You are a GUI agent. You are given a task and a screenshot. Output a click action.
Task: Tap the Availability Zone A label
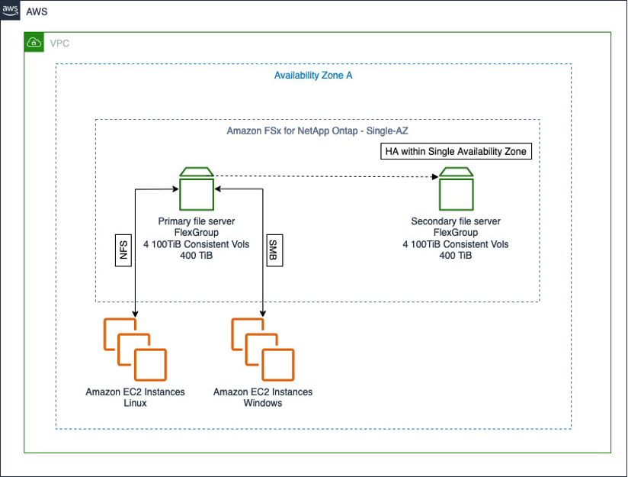click(312, 76)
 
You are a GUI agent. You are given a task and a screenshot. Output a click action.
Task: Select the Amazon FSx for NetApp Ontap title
click(317, 131)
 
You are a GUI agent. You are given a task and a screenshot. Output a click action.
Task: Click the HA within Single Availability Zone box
click(455, 151)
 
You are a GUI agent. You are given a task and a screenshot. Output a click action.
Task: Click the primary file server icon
click(196, 189)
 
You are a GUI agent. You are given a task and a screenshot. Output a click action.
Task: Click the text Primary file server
click(196, 221)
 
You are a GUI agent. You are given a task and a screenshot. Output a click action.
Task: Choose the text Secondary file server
click(456, 221)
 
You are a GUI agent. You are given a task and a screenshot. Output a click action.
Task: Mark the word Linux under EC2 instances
click(134, 403)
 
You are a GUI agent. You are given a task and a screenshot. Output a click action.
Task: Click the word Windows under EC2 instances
click(262, 403)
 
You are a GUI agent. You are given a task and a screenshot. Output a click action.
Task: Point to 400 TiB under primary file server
click(196, 256)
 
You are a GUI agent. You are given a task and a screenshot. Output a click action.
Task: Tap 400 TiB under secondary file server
click(456, 256)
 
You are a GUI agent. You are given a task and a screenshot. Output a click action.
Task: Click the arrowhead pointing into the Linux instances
click(135, 314)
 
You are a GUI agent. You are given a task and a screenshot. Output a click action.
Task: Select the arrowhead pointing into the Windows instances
click(263, 314)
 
